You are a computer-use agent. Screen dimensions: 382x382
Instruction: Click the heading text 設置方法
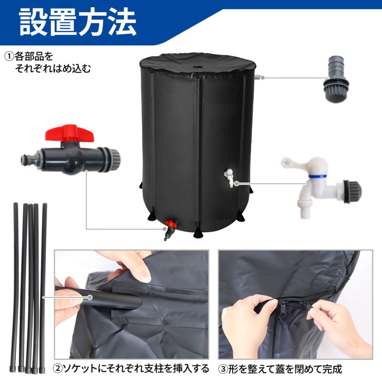click(78, 22)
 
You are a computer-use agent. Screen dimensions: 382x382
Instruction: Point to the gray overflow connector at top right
click(336, 80)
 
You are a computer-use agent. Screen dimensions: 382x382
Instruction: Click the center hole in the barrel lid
click(198, 67)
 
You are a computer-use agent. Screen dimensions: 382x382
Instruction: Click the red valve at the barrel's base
click(171, 224)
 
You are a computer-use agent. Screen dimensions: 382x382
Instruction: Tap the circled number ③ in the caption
click(224, 368)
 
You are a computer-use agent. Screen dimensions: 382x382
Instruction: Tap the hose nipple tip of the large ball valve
click(26, 160)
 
